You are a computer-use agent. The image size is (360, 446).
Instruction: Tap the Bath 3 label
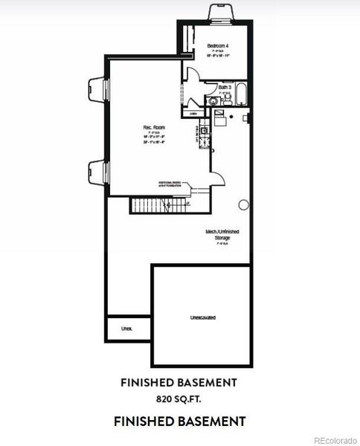tap(225, 87)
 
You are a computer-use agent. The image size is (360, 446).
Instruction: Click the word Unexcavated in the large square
tap(203, 317)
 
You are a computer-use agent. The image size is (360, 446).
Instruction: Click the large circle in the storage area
tap(243, 204)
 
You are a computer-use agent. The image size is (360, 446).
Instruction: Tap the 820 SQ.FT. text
tap(179, 399)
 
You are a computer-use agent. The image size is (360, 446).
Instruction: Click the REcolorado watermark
tap(334, 439)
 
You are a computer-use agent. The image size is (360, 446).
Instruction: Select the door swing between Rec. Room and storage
tap(216, 178)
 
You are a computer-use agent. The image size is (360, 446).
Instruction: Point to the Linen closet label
tap(193, 114)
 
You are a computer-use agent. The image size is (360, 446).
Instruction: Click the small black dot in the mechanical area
tap(231, 118)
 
